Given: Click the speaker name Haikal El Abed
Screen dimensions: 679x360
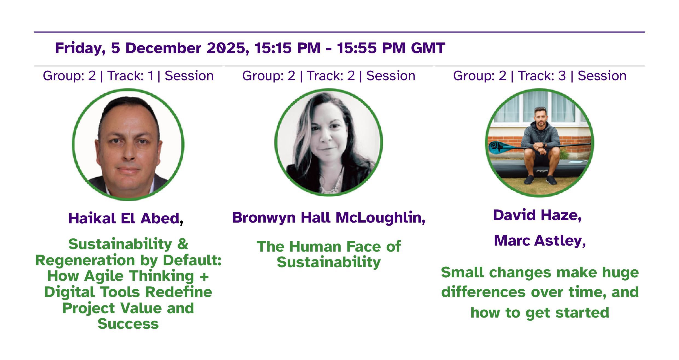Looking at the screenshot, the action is pyautogui.click(x=124, y=218).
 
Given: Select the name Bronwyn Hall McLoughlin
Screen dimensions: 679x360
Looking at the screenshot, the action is pyautogui.click(x=327, y=218).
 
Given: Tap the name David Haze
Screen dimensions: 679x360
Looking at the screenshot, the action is pyautogui.click(x=536, y=215).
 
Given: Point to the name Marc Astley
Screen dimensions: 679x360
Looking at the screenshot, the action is pyautogui.click(x=538, y=241).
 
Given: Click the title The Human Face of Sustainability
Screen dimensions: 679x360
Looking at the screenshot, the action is pyautogui.click(x=329, y=254).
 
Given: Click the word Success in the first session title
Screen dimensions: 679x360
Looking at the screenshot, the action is pyautogui.click(x=128, y=324).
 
